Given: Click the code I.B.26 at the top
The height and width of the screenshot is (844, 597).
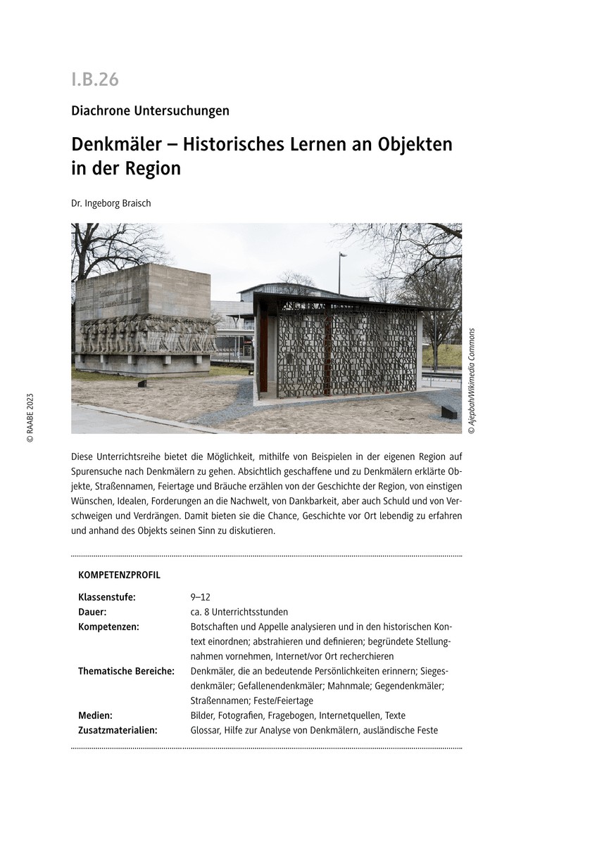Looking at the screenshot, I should [x=95, y=79].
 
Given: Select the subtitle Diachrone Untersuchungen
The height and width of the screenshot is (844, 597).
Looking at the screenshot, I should [x=150, y=110].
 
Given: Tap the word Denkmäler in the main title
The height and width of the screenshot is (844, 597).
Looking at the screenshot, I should [x=120, y=144].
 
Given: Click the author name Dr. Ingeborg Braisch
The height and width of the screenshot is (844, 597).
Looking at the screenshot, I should [x=111, y=203].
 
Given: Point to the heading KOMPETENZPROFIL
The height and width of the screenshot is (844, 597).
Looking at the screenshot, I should [x=119, y=575].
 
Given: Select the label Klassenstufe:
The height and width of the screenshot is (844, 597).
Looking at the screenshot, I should [x=106, y=597].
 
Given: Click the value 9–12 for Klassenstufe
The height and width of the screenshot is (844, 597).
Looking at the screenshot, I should [x=200, y=597].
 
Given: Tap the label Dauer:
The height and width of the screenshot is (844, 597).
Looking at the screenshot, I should [x=92, y=612].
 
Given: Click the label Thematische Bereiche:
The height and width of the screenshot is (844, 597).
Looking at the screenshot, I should [x=126, y=671].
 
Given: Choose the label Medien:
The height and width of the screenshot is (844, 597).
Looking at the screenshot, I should [x=95, y=715].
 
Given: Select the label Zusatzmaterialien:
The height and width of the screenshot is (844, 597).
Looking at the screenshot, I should [x=118, y=730].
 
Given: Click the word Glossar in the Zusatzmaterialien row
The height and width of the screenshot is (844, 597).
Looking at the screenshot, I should [x=205, y=730].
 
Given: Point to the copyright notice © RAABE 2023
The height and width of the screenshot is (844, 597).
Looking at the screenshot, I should [x=30, y=416].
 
